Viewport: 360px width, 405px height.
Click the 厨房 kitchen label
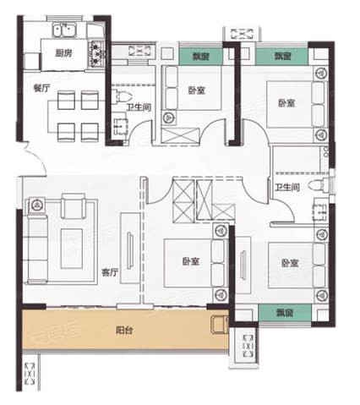[x=63, y=53]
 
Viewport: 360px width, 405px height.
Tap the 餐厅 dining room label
[x=41, y=88]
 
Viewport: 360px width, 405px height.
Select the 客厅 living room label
[x=110, y=272]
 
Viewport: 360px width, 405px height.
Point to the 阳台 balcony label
[x=124, y=330]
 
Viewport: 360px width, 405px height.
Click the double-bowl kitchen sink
[x=65, y=30]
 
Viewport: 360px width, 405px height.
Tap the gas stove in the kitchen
[x=97, y=54]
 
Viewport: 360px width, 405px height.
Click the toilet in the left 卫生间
[x=122, y=96]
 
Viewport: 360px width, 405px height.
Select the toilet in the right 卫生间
[x=319, y=186]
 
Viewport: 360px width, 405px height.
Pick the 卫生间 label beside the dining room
[x=139, y=107]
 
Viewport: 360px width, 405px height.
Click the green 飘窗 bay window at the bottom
[x=285, y=313]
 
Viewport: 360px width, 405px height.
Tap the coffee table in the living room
[x=72, y=249]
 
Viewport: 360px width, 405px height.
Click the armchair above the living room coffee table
[x=74, y=206]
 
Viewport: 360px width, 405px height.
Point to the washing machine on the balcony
[x=220, y=325]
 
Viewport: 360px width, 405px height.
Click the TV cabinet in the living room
[x=130, y=248]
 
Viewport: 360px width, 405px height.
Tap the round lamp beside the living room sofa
[x=36, y=205]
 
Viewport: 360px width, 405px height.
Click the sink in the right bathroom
[x=320, y=211]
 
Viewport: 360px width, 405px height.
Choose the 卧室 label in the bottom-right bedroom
[x=290, y=263]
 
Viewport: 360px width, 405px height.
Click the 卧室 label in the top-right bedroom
[x=286, y=103]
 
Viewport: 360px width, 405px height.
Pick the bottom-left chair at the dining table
[x=66, y=132]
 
